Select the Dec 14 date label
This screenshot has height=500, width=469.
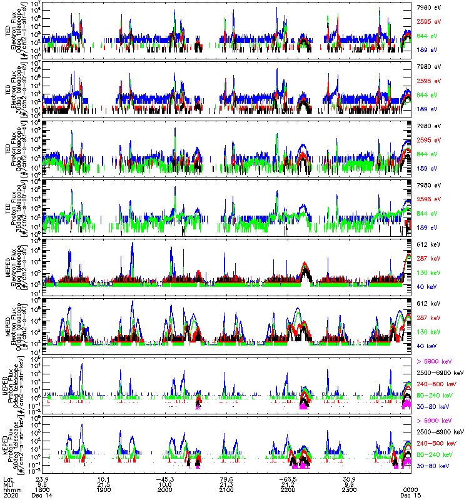coord(42,496)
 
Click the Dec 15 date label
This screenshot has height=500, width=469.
coord(410,496)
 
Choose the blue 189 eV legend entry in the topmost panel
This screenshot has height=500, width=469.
coord(425,49)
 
